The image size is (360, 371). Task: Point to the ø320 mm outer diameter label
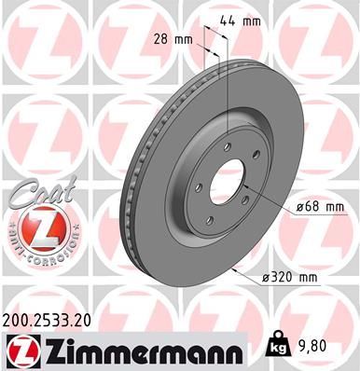pos(296,278)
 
